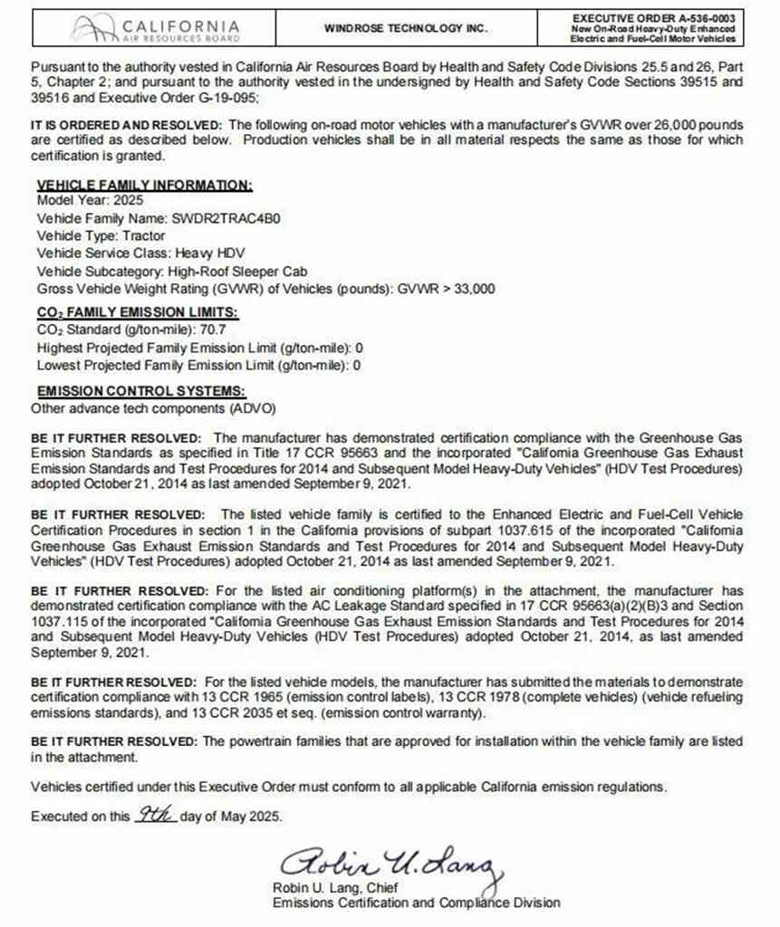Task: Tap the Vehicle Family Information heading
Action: [x=144, y=185]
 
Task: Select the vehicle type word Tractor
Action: [x=143, y=235]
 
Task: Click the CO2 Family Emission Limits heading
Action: [x=137, y=311]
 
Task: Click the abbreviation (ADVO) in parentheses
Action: [x=252, y=407]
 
